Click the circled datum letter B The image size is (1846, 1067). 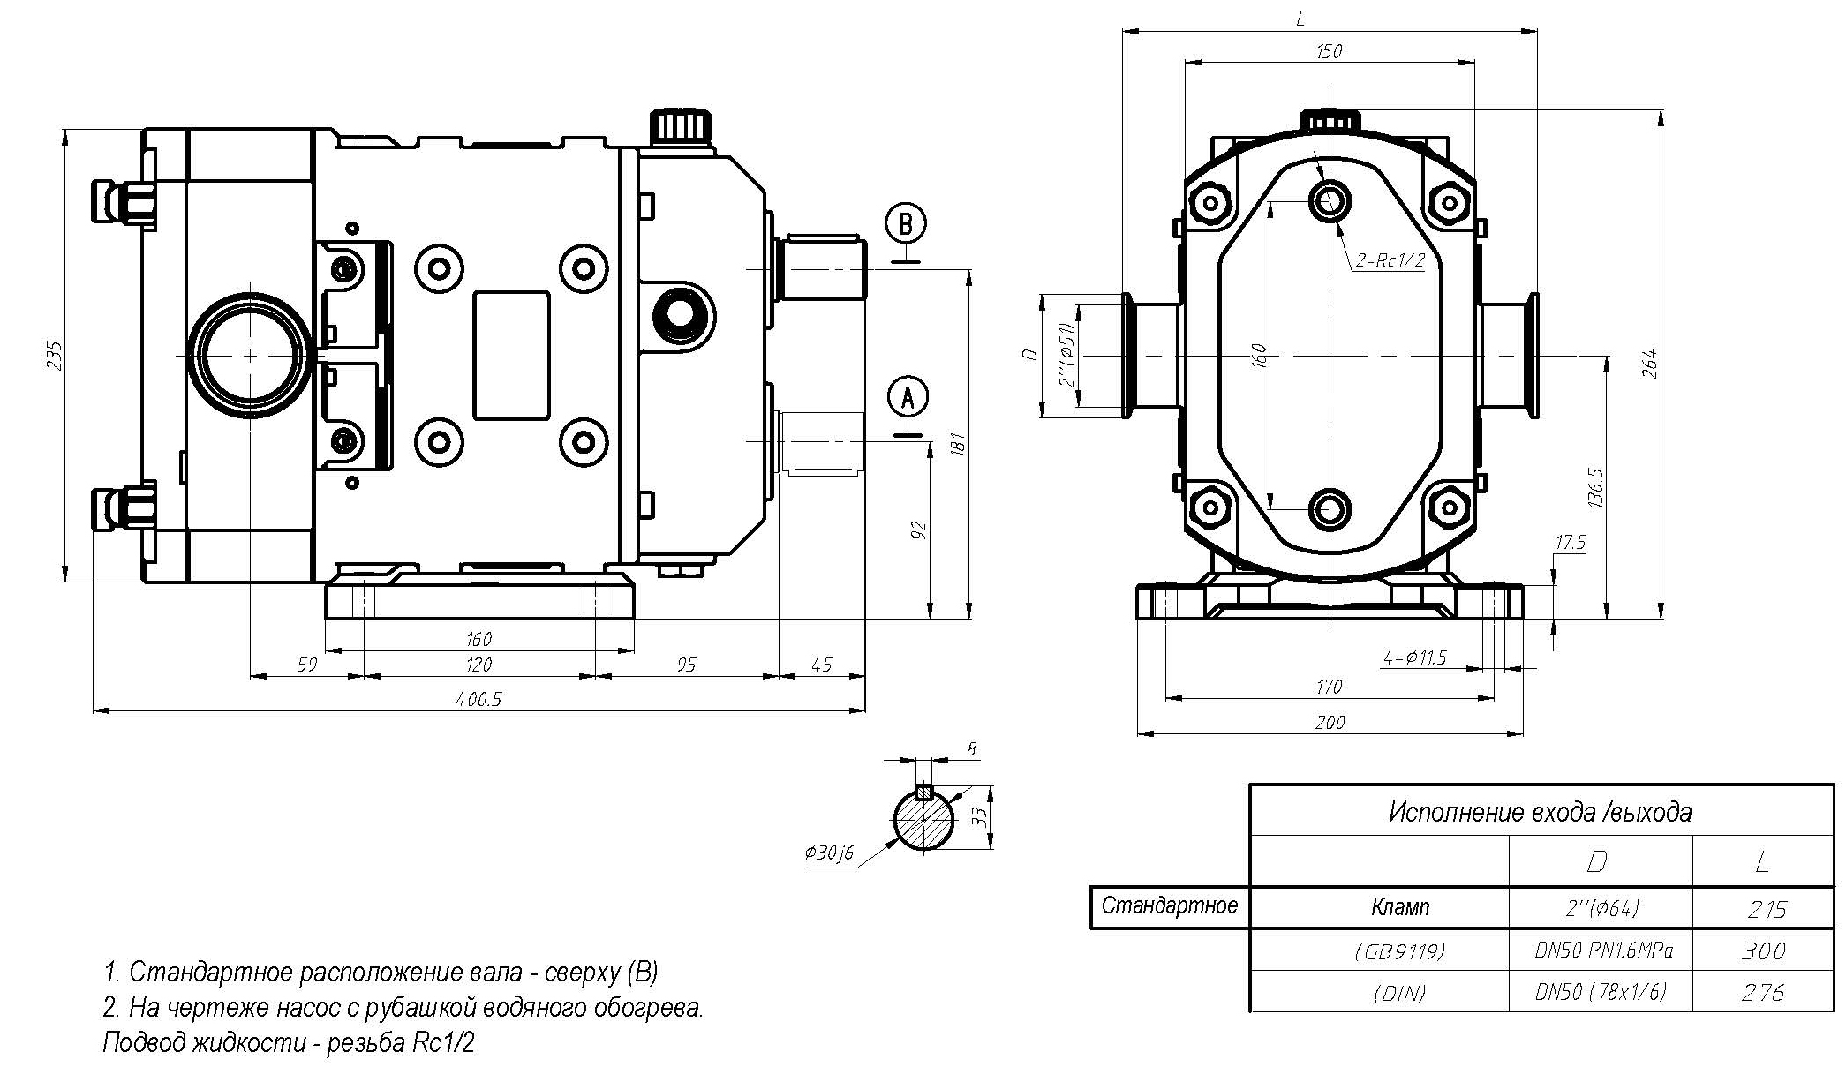[x=906, y=222]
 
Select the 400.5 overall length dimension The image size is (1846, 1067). [x=478, y=700]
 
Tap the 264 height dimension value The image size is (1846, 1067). [x=1649, y=364]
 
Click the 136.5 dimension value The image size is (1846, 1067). [x=1594, y=488]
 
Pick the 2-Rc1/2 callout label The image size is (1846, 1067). [x=1391, y=259]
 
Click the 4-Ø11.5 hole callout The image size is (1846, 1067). [x=1414, y=657]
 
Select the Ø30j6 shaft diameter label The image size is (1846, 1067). [x=829, y=853]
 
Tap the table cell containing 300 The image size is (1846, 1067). [x=1764, y=951]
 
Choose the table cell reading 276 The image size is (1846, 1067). [x=1764, y=993]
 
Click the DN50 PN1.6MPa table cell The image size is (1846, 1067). [x=1600, y=951]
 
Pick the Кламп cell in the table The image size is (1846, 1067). [x=1400, y=907]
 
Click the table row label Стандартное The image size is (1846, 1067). [x=1170, y=905]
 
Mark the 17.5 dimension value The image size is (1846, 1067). [x=1570, y=543]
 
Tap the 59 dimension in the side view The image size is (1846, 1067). [x=306, y=665]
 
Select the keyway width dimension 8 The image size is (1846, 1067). [x=972, y=749]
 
